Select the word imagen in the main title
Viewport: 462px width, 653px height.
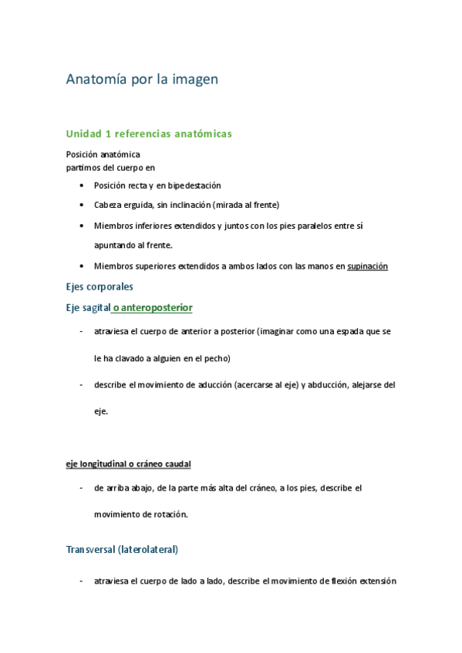click(x=194, y=79)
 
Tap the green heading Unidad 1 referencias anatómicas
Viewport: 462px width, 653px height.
click(x=149, y=134)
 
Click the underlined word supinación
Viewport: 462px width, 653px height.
click(x=367, y=266)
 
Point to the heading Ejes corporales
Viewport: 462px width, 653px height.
click(x=99, y=286)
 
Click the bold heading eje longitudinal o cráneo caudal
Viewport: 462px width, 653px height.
click(x=128, y=464)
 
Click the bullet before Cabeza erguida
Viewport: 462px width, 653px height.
click(x=83, y=205)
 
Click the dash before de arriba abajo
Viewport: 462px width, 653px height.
click(x=82, y=488)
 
